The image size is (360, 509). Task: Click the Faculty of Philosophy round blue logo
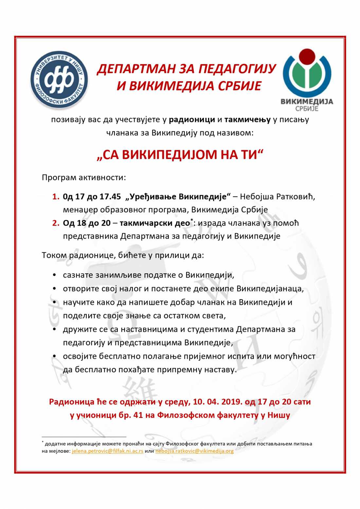click(x=59, y=80)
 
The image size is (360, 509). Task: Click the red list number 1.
click(x=56, y=197)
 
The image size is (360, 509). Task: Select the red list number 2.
click(x=56, y=223)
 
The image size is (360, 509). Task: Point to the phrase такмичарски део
click(x=154, y=223)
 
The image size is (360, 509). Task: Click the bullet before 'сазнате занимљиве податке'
click(x=55, y=275)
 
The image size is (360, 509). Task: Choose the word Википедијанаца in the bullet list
click(x=270, y=289)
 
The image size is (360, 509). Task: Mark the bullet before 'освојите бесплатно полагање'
click(x=55, y=356)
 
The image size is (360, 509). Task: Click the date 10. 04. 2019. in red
click(x=217, y=402)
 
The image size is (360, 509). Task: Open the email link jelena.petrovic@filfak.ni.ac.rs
click(x=107, y=451)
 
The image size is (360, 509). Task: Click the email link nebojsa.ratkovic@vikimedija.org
click(x=194, y=451)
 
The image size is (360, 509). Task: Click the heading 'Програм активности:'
click(x=84, y=178)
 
